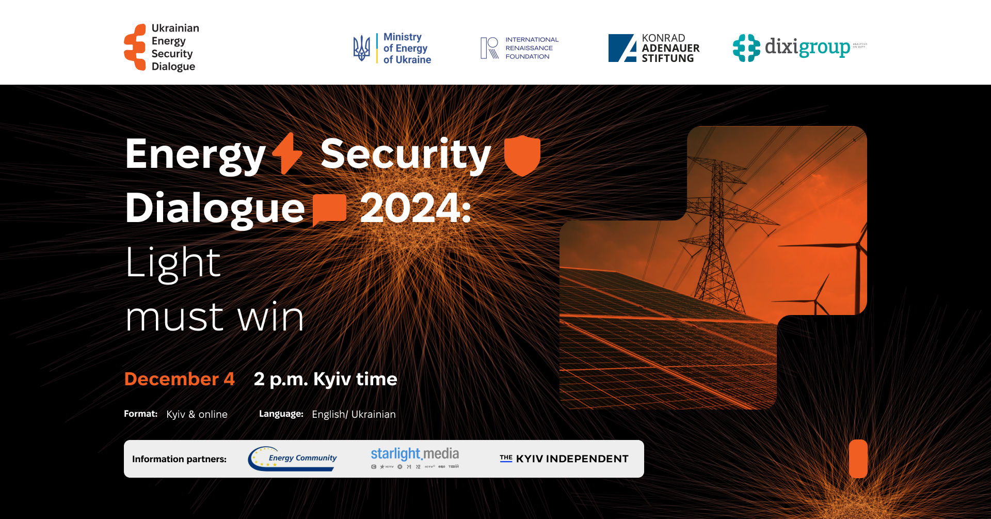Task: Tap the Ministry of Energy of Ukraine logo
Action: pyautogui.click(x=392, y=48)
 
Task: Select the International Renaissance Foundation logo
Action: pyautogui.click(x=519, y=48)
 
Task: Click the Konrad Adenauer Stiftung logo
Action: pyautogui.click(x=654, y=48)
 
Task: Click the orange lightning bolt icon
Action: pyautogui.click(x=287, y=153)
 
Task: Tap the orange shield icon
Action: pyautogui.click(x=522, y=155)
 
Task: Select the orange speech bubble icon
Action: pyautogui.click(x=329, y=209)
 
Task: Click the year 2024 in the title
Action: pyautogui.click(x=415, y=208)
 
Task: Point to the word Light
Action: pyautogui.click(x=173, y=262)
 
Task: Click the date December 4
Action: pyautogui.click(x=179, y=379)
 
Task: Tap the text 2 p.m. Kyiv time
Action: pyautogui.click(x=325, y=379)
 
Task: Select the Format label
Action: pyautogui.click(x=140, y=414)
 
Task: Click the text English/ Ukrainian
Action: pyautogui.click(x=354, y=414)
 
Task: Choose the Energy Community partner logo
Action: pyautogui.click(x=293, y=459)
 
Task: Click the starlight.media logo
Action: pyautogui.click(x=414, y=458)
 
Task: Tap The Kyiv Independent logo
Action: pyautogui.click(x=564, y=459)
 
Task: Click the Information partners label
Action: pyautogui.click(x=179, y=459)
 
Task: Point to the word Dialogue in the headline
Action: pyautogui.click(x=215, y=208)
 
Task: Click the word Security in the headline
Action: pyautogui.click(x=405, y=154)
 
